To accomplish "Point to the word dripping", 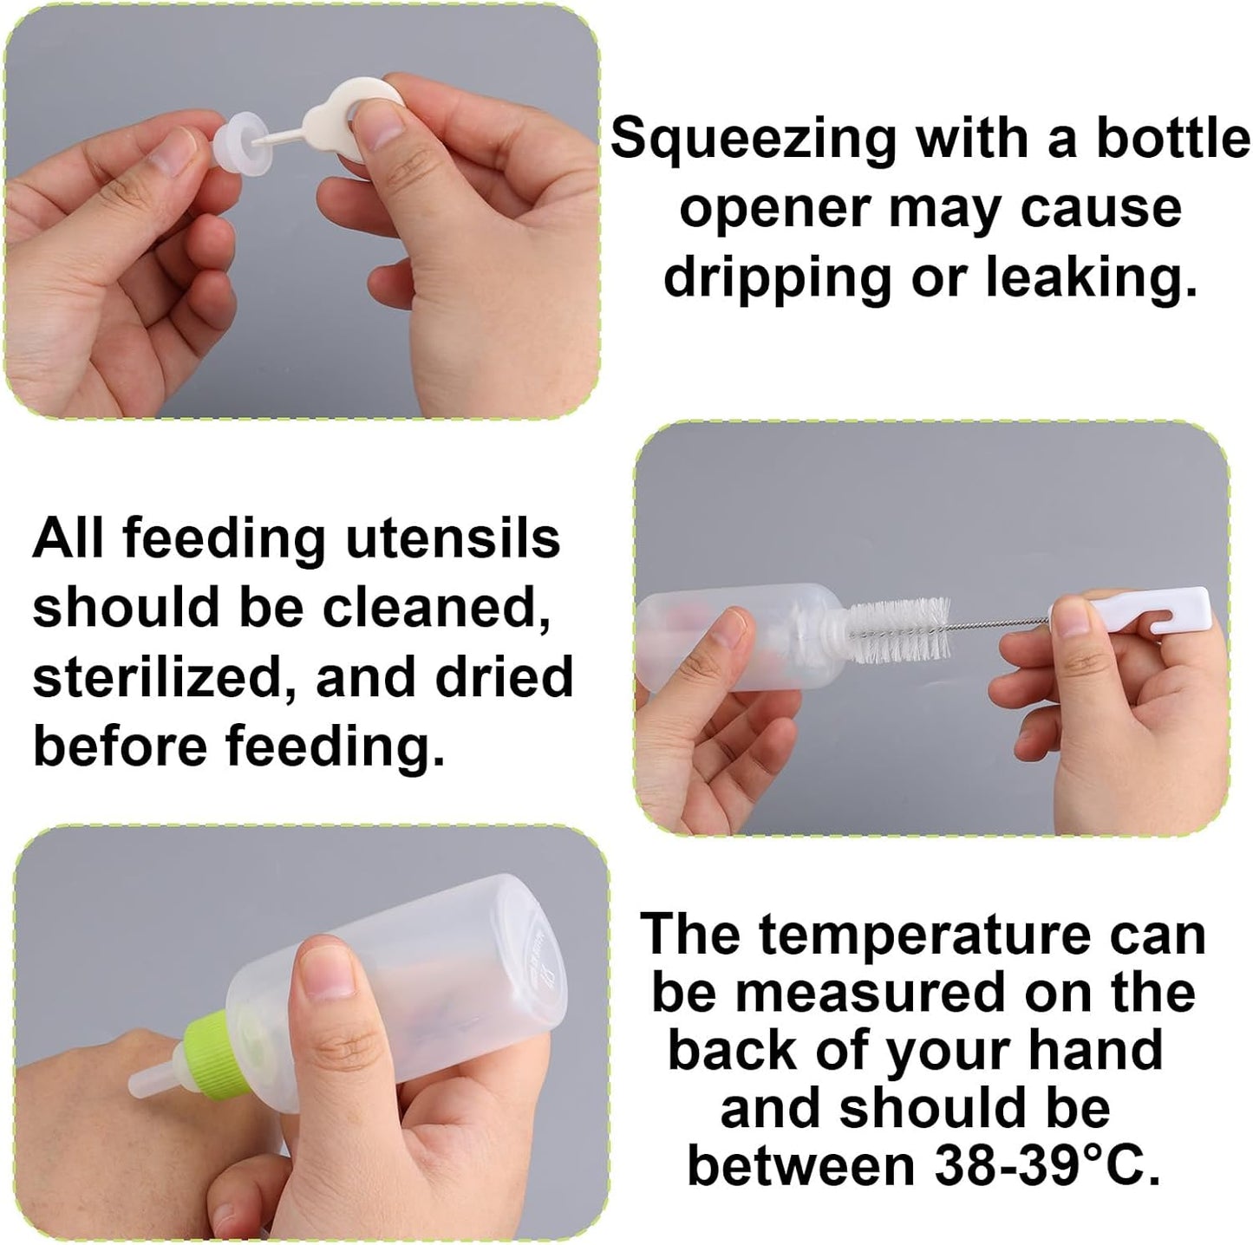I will pos(777,277).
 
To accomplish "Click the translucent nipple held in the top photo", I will pos(236,138).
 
